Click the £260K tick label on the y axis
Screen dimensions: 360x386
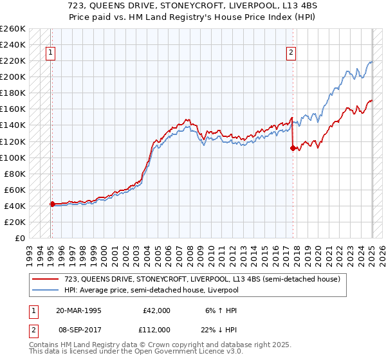click(13, 29)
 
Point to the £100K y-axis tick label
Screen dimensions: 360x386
click(13, 157)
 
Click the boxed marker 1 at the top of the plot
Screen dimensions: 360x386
click(51, 53)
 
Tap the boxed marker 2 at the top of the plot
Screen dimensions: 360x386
click(291, 53)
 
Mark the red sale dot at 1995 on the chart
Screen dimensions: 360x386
click(52, 204)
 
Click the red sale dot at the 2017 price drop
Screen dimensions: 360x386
click(293, 148)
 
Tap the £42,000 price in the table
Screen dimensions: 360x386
click(155, 310)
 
